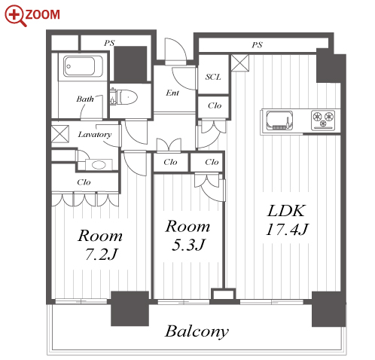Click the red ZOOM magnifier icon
click(x=15, y=15)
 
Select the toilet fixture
click(x=123, y=97)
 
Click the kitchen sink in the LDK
click(x=279, y=121)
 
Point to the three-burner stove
click(x=323, y=121)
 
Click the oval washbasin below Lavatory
click(x=99, y=165)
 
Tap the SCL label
click(x=213, y=77)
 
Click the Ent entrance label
click(x=172, y=93)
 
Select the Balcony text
click(x=197, y=331)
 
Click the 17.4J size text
click(x=287, y=229)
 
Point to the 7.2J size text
click(x=102, y=254)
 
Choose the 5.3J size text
click(x=188, y=245)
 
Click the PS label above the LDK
click(x=258, y=45)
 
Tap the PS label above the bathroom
click(x=109, y=43)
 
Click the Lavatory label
click(x=95, y=135)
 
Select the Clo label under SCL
click(x=215, y=105)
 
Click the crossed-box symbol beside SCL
click(x=240, y=63)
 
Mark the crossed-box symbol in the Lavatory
click(x=60, y=134)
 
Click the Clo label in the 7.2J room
click(x=84, y=182)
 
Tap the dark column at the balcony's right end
click(x=329, y=309)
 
